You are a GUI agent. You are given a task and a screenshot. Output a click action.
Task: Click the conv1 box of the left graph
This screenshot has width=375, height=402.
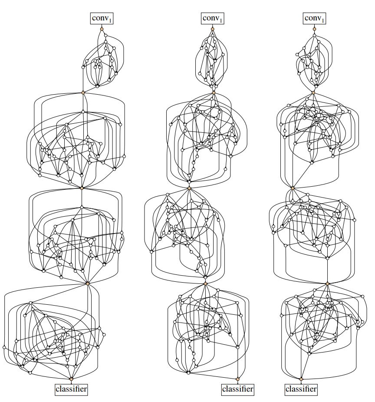102,19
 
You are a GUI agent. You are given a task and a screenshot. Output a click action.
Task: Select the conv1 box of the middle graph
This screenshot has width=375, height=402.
213,19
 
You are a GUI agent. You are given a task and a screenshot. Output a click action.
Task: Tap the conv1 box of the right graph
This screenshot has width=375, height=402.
315,19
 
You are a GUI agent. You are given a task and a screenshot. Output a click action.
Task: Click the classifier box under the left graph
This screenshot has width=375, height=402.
71,389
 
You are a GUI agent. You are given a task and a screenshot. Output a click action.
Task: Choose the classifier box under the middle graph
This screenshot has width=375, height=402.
237,389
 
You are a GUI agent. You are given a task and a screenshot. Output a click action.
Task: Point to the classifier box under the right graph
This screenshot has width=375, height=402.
301,389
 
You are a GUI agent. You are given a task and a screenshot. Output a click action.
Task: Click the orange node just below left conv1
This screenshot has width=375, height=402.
102,29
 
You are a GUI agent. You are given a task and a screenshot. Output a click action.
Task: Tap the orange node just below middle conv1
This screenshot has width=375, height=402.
213,29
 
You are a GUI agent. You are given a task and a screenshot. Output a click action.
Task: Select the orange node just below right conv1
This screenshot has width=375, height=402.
315,29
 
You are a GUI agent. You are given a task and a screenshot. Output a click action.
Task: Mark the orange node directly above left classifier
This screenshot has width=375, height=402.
71,379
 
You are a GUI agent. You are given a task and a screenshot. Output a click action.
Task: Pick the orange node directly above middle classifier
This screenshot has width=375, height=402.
237,379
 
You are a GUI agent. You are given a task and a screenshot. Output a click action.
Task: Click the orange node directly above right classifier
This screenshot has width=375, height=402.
301,379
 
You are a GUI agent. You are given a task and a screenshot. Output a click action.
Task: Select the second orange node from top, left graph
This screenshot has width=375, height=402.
83,92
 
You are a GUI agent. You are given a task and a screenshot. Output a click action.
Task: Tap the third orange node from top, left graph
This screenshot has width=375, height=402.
82,188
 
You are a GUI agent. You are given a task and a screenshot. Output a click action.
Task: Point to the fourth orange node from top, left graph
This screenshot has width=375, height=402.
87,283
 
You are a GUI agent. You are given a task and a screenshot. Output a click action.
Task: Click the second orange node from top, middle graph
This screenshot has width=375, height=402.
214,92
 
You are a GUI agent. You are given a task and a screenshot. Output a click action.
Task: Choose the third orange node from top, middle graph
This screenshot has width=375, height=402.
189,188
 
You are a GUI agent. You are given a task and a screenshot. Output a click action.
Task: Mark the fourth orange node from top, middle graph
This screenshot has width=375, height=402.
205,283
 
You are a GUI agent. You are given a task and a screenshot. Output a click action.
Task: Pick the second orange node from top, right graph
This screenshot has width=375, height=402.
313,92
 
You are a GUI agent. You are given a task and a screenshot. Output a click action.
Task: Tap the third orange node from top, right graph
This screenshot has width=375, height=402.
293,188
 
